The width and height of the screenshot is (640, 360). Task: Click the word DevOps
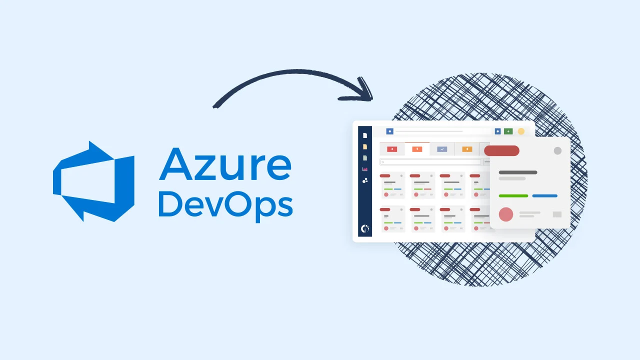(x=225, y=204)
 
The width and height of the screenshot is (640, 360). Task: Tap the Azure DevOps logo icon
(x=93, y=181)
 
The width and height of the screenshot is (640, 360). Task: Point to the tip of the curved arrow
(x=371, y=97)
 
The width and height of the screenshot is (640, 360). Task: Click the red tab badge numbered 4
(x=392, y=149)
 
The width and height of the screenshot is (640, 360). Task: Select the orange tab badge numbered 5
(x=417, y=149)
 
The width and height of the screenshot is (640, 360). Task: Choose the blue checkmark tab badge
(x=442, y=149)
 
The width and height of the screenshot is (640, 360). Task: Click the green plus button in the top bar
(x=508, y=131)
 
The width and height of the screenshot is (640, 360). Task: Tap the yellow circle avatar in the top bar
(x=521, y=131)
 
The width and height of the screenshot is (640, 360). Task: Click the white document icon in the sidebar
(x=365, y=135)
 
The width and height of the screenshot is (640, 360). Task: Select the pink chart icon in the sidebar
(x=365, y=169)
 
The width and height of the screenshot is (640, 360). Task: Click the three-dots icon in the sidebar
(x=365, y=180)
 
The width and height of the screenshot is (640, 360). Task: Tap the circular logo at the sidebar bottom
(x=365, y=229)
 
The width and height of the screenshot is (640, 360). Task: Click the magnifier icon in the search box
(x=382, y=162)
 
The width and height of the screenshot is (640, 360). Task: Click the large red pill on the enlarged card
(x=501, y=150)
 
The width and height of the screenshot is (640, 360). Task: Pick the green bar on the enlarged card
(x=513, y=195)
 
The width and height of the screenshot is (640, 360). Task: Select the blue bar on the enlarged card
(x=544, y=195)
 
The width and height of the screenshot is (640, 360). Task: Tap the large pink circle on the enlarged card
(x=506, y=214)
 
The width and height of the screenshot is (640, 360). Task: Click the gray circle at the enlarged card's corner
(x=557, y=150)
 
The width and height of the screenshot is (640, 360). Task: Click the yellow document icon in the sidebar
(x=365, y=147)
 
